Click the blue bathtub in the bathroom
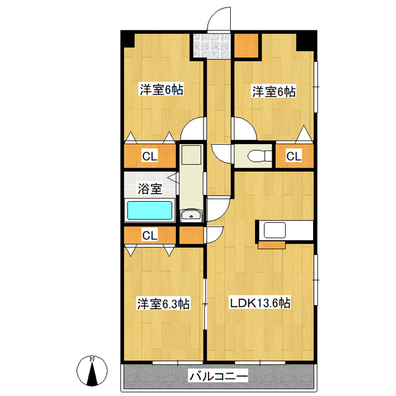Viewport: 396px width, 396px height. click(150, 210)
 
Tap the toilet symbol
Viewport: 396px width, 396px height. click(259, 156)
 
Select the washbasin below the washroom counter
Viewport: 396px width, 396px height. click(191, 215)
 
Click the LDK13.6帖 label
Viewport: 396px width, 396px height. click(260, 303)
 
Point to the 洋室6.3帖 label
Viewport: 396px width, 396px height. click(163, 304)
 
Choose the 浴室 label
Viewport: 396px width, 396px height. click(150, 188)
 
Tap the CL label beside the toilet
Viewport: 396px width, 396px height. click(294, 156)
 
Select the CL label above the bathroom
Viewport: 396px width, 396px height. click(150, 156)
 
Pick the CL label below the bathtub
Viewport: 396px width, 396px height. click(150, 235)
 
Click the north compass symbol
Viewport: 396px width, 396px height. click(92, 371)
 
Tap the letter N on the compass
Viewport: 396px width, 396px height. click(92, 359)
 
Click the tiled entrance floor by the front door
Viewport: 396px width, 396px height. click(212, 46)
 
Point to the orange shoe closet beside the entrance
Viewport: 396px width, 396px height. click(246, 46)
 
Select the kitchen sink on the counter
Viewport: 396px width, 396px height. click(275, 230)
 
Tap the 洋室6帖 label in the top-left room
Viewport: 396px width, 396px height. click(161, 89)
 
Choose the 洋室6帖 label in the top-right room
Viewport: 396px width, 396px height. click(274, 92)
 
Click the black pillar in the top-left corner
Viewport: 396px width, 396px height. click(128, 39)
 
